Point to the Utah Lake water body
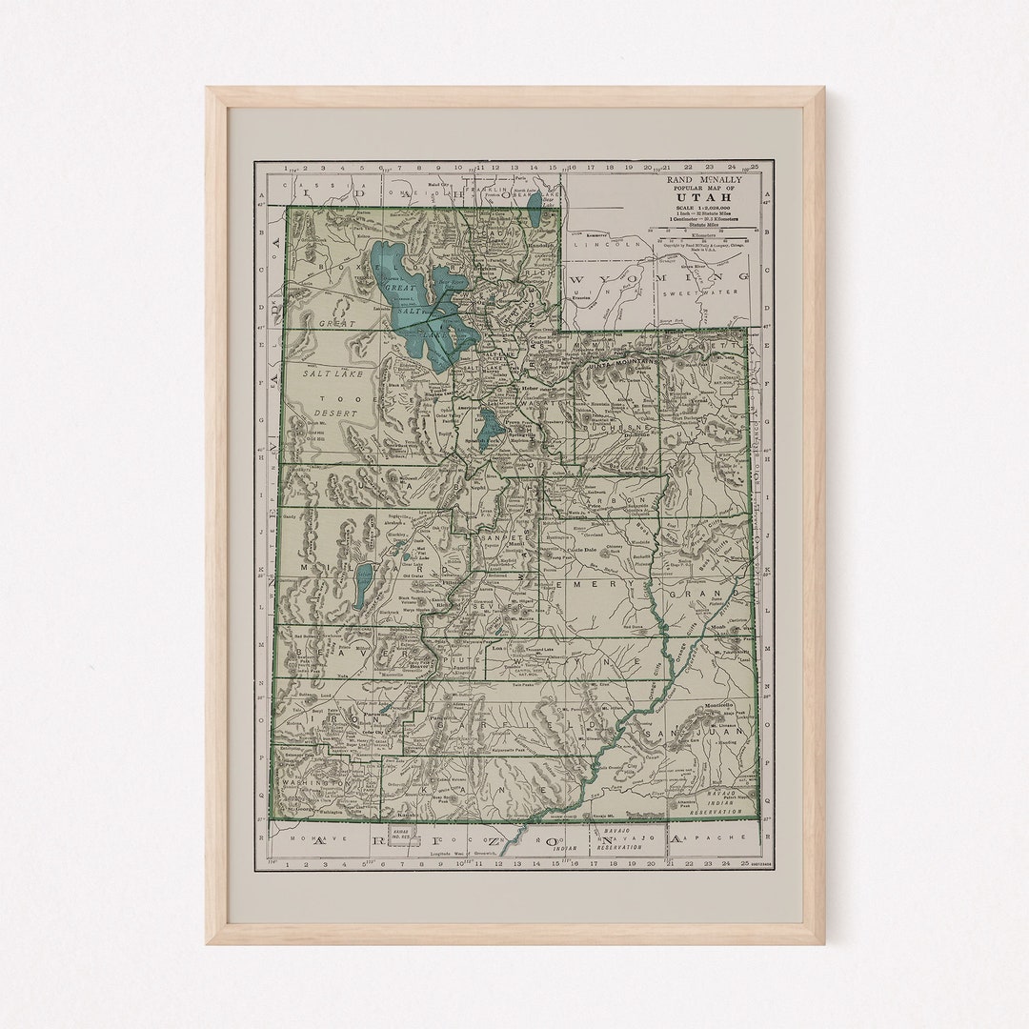(490, 428)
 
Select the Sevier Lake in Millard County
(363, 585)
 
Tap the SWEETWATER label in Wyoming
(720, 294)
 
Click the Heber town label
(530, 389)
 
